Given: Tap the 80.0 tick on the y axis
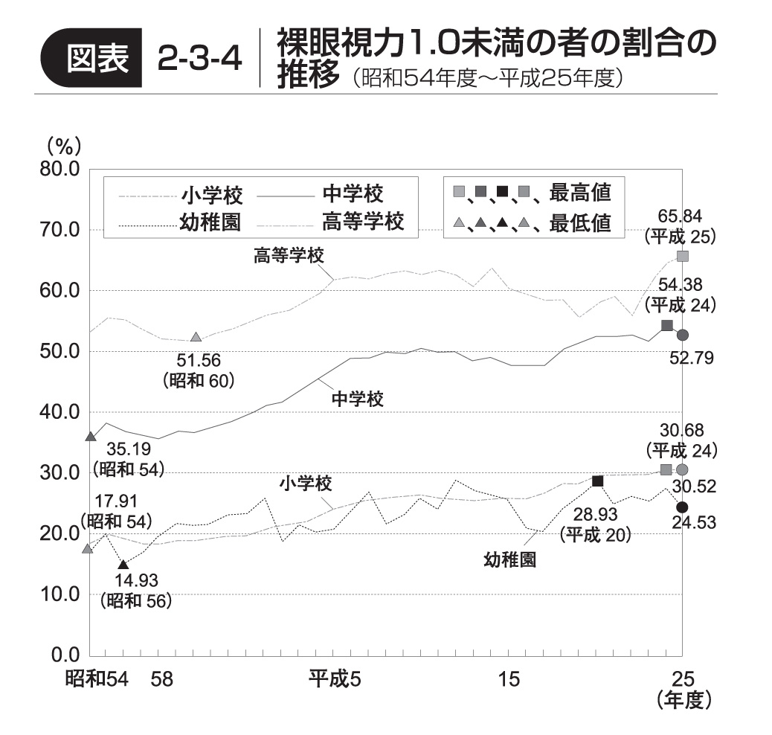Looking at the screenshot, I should coord(59,169).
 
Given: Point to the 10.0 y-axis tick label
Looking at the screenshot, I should coord(59,594).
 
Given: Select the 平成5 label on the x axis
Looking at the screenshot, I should coord(335,678).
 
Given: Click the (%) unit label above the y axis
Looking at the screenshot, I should coord(63,145).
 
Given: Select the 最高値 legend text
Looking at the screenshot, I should coord(580,193).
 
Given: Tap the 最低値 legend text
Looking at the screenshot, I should coord(580,222).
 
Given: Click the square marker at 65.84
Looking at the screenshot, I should coord(683,257).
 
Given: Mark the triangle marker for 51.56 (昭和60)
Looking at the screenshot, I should coord(196,338).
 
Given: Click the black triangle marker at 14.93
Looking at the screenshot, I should coord(123,565).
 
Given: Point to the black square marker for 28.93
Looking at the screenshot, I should coord(597,481).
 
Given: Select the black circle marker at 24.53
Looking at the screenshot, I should coord(682,507).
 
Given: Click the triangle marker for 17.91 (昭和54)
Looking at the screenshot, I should coord(88,549).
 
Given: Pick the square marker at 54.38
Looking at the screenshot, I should coord(667,326).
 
